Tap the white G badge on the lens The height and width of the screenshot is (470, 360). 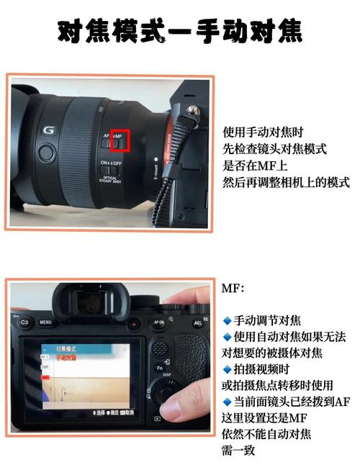[x=48, y=130]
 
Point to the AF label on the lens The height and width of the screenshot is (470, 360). [x=106, y=135]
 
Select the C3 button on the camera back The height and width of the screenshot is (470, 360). [x=24, y=323]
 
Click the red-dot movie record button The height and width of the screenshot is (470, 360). [x=133, y=325]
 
